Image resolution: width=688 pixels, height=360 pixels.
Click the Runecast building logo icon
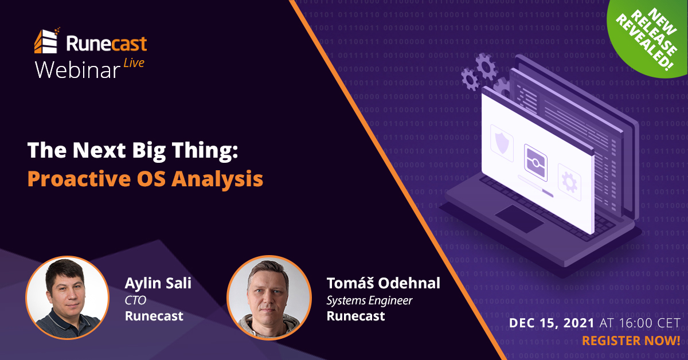pos(46,41)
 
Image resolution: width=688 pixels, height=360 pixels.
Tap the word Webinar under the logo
pos(78,71)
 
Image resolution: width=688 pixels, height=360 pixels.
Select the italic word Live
pos(134,63)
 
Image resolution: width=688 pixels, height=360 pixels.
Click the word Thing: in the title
pos(205,151)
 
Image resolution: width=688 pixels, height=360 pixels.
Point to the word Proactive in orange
pos(79,179)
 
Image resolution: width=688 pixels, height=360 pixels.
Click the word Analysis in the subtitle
pos(217,179)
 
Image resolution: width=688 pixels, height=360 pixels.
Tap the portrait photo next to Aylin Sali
pos(67,298)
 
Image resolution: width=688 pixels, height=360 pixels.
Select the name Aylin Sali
pos(158,284)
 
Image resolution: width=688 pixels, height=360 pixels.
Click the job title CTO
pos(135,300)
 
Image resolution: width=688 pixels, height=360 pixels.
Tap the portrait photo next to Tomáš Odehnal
pos(269,298)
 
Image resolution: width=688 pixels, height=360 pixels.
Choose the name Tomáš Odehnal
pos(384,283)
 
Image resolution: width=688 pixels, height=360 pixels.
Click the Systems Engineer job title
pos(369,301)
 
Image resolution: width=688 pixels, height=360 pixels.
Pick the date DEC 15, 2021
pos(552,323)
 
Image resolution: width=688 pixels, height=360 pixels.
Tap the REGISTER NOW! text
pos(631,341)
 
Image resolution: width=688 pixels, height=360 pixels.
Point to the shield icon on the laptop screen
pos(502,143)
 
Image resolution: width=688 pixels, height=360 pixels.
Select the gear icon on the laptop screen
pos(569,182)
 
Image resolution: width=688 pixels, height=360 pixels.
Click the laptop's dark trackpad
pos(519,218)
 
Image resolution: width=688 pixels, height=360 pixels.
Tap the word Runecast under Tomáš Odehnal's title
pos(355,316)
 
